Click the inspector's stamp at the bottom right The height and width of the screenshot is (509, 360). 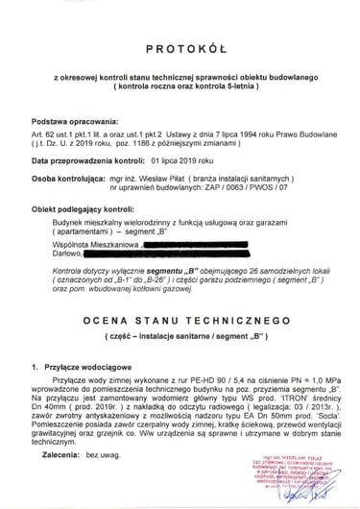[302, 480]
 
